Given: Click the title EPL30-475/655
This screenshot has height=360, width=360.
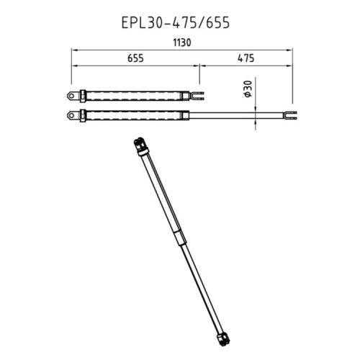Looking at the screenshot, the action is pyautogui.click(x=176, y=23).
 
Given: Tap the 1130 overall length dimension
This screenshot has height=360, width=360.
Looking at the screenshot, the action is pyautogui.click(x=182, y=42).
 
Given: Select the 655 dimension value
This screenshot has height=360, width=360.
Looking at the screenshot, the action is pyautogui.click(x=135, y=58).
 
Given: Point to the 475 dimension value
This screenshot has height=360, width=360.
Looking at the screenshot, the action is pyautogui.click(x=246, y=58).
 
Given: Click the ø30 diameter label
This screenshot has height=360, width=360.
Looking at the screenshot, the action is pyautogui.click(x=248, y=89).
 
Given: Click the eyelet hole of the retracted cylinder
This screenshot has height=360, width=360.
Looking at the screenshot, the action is pyautogui.click(x=71, y=96).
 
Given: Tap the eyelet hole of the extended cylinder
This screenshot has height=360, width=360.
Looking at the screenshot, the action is pyautogui.click(x=71, y=116).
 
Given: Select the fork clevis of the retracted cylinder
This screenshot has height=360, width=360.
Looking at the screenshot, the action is pyautogui.click(x=197, y=96).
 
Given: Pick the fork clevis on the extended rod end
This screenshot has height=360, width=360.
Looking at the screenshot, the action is pyautogui.click(x=289, y=115).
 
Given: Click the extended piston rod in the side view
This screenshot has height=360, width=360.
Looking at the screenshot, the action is pyautogui.click(x=236, y=115).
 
